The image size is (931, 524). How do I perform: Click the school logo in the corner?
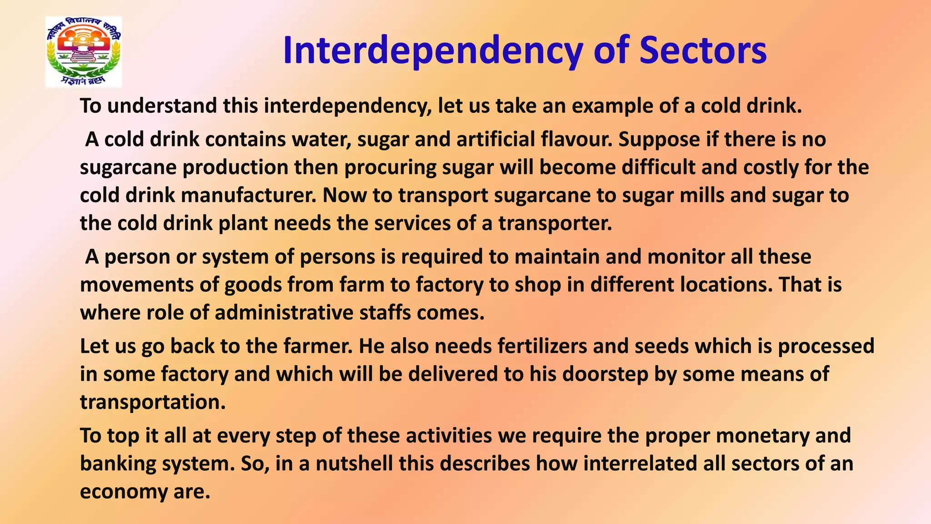click(84, 52)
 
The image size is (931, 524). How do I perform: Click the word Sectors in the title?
click(703, 50)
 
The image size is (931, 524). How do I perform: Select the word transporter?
click(555, 223)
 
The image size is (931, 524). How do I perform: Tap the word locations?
click(726, 285)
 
